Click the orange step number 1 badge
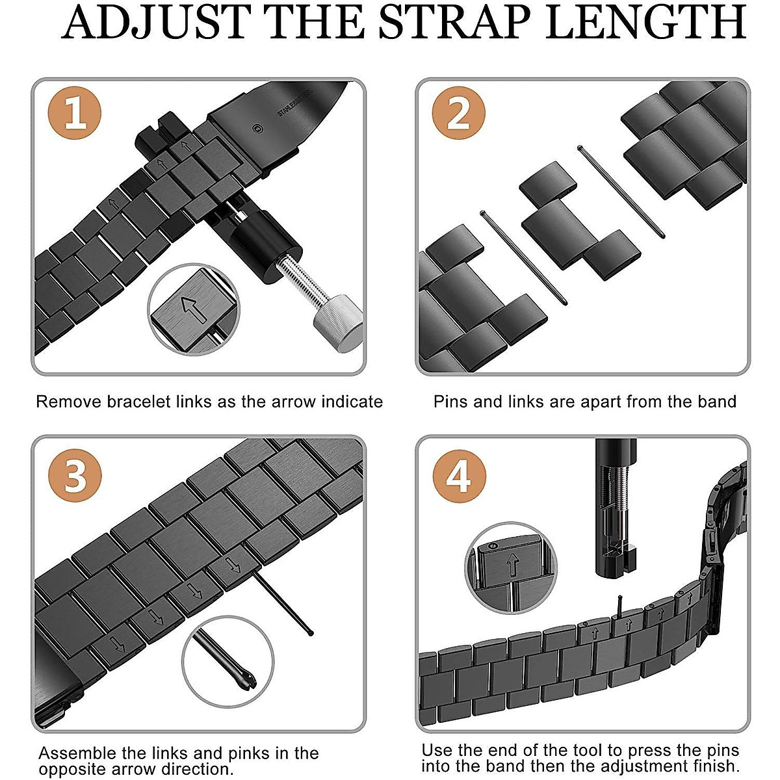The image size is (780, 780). pyautogui.click(x=75, y=113)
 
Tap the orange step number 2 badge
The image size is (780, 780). pyautogui.click(x=458, y=113)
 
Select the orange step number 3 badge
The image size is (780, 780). pyautogui.click(x=75, y=474)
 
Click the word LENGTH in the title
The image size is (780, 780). pyautogui.click(x=646, y=23)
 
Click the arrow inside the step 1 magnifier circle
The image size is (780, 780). pyautogui.click(x=191, y=308)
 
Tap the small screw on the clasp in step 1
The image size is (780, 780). pyautogui.click(x=259, y=129)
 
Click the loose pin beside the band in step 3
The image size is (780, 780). pyautogui.click(x=282, y=601)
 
